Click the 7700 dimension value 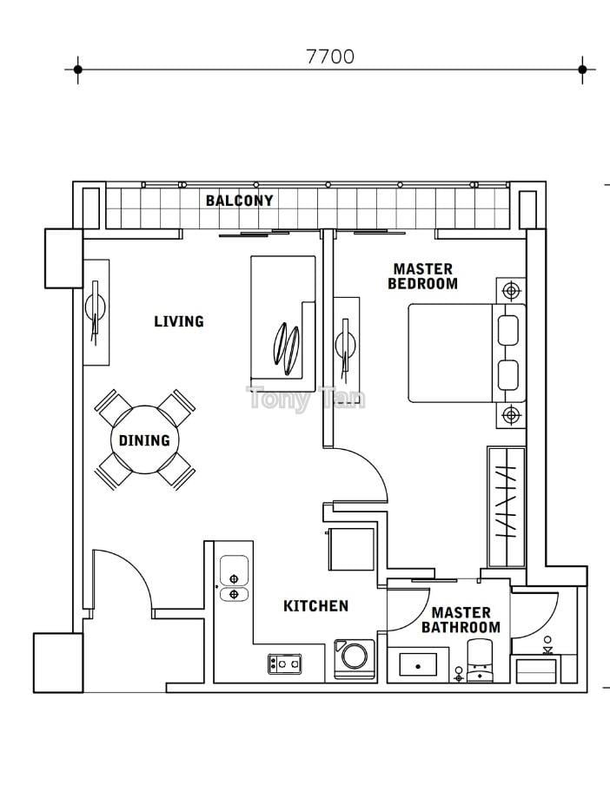coord(330,56)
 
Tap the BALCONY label coord(239,201)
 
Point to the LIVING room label coord(179,321)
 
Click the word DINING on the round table coord(144,440)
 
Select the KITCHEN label coord(315,606)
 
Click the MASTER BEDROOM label coord(423,276)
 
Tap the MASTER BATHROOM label coord(461,619)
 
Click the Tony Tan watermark coord(306,398)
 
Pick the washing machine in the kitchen coord(354,659)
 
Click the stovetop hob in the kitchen coord(285,664)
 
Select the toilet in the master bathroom coord(481,660)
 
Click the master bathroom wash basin coord(418,665)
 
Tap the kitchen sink coord(234,578)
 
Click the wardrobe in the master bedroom coord(507,507)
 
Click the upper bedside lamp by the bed coord(511,291)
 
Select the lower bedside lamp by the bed coord(511,415)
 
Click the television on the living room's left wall coord(96,313)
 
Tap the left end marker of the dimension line coord(77,69)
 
